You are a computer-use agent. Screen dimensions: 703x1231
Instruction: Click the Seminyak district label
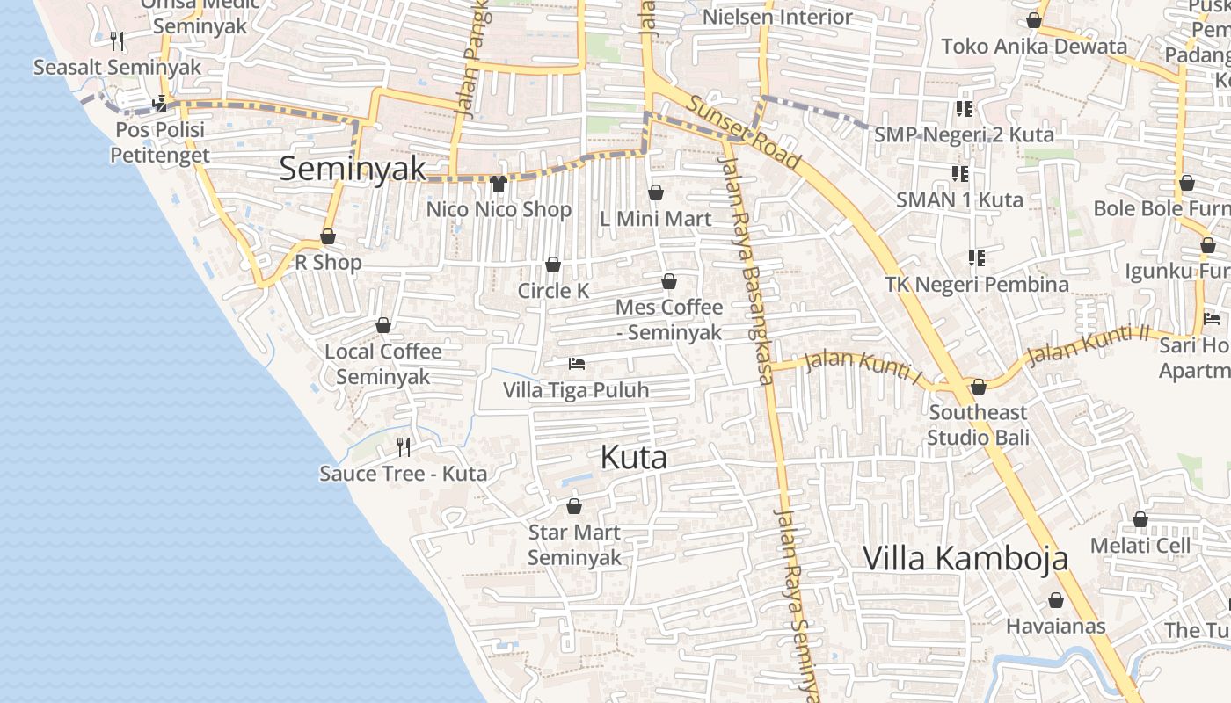353,169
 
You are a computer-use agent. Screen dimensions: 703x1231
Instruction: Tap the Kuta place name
634,457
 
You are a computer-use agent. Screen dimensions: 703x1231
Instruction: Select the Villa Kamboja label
965,558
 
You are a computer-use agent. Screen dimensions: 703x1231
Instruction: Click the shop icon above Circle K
553,265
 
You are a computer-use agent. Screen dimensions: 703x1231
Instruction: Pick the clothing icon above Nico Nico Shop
499,183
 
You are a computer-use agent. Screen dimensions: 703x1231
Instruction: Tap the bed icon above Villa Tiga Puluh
577,363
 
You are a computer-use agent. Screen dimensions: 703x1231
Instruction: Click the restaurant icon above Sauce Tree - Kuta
404,447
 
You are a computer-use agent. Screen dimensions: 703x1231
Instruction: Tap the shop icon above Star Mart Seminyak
574,506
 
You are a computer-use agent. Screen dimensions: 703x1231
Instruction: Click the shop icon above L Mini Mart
656,192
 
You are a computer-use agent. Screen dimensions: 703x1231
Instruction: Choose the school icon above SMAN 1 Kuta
959,173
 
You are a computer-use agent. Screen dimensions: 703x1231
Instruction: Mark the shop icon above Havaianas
1055,600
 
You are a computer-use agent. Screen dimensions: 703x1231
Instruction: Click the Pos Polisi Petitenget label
160,142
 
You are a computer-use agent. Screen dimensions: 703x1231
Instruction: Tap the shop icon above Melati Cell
1140,519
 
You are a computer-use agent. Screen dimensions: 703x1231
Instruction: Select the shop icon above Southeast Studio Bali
978,387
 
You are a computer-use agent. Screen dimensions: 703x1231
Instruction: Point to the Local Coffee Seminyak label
383,364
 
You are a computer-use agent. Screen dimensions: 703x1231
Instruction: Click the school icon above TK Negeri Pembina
976,257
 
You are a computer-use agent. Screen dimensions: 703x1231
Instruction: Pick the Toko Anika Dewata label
1034,47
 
